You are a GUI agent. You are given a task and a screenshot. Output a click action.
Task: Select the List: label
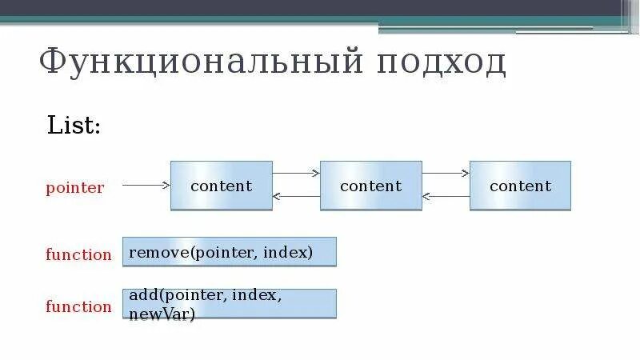point(74,126)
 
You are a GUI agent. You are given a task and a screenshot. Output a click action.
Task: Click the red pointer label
point(74,189)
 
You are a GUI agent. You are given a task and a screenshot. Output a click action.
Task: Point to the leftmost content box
point(221,186)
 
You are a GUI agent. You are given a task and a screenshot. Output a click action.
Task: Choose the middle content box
point(370,186)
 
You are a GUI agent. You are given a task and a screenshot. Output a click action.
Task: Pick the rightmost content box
point(520,186)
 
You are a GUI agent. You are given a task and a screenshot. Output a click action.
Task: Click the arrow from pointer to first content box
point(146,185)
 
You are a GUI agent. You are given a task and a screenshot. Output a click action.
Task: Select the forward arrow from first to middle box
point(296,172)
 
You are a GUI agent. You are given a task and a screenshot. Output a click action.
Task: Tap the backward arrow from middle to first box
point(296,196)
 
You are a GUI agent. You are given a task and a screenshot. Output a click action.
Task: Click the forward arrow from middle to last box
point(446,172)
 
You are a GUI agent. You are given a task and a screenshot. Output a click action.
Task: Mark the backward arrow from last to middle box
point(446,196)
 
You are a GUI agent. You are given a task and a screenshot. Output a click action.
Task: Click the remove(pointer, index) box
point(229,251)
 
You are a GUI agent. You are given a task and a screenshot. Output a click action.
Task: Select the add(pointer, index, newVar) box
point(229,304)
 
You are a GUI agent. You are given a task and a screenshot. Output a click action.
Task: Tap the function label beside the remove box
point(78,255)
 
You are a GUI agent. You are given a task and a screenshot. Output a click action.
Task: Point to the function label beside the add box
point(78,307)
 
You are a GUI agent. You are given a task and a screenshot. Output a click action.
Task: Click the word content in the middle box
point(370,186)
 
